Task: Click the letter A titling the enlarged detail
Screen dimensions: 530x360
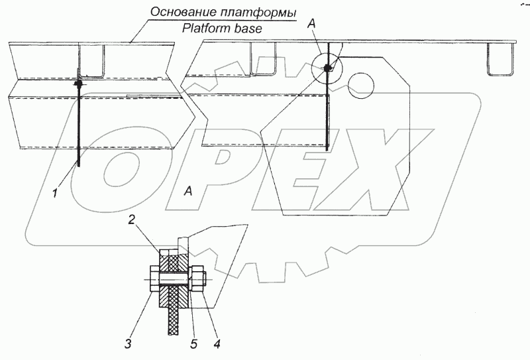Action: coord(188,191)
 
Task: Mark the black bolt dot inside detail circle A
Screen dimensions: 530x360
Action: coord(327,68)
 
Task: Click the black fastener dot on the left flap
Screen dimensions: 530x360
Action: coord(79,84)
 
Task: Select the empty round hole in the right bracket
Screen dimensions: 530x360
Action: coord(363,85)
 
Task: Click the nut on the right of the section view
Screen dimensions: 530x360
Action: coord(197,280)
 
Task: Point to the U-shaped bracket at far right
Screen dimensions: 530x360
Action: coord(501,59)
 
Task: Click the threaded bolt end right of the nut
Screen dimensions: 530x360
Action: coord(205,280)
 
